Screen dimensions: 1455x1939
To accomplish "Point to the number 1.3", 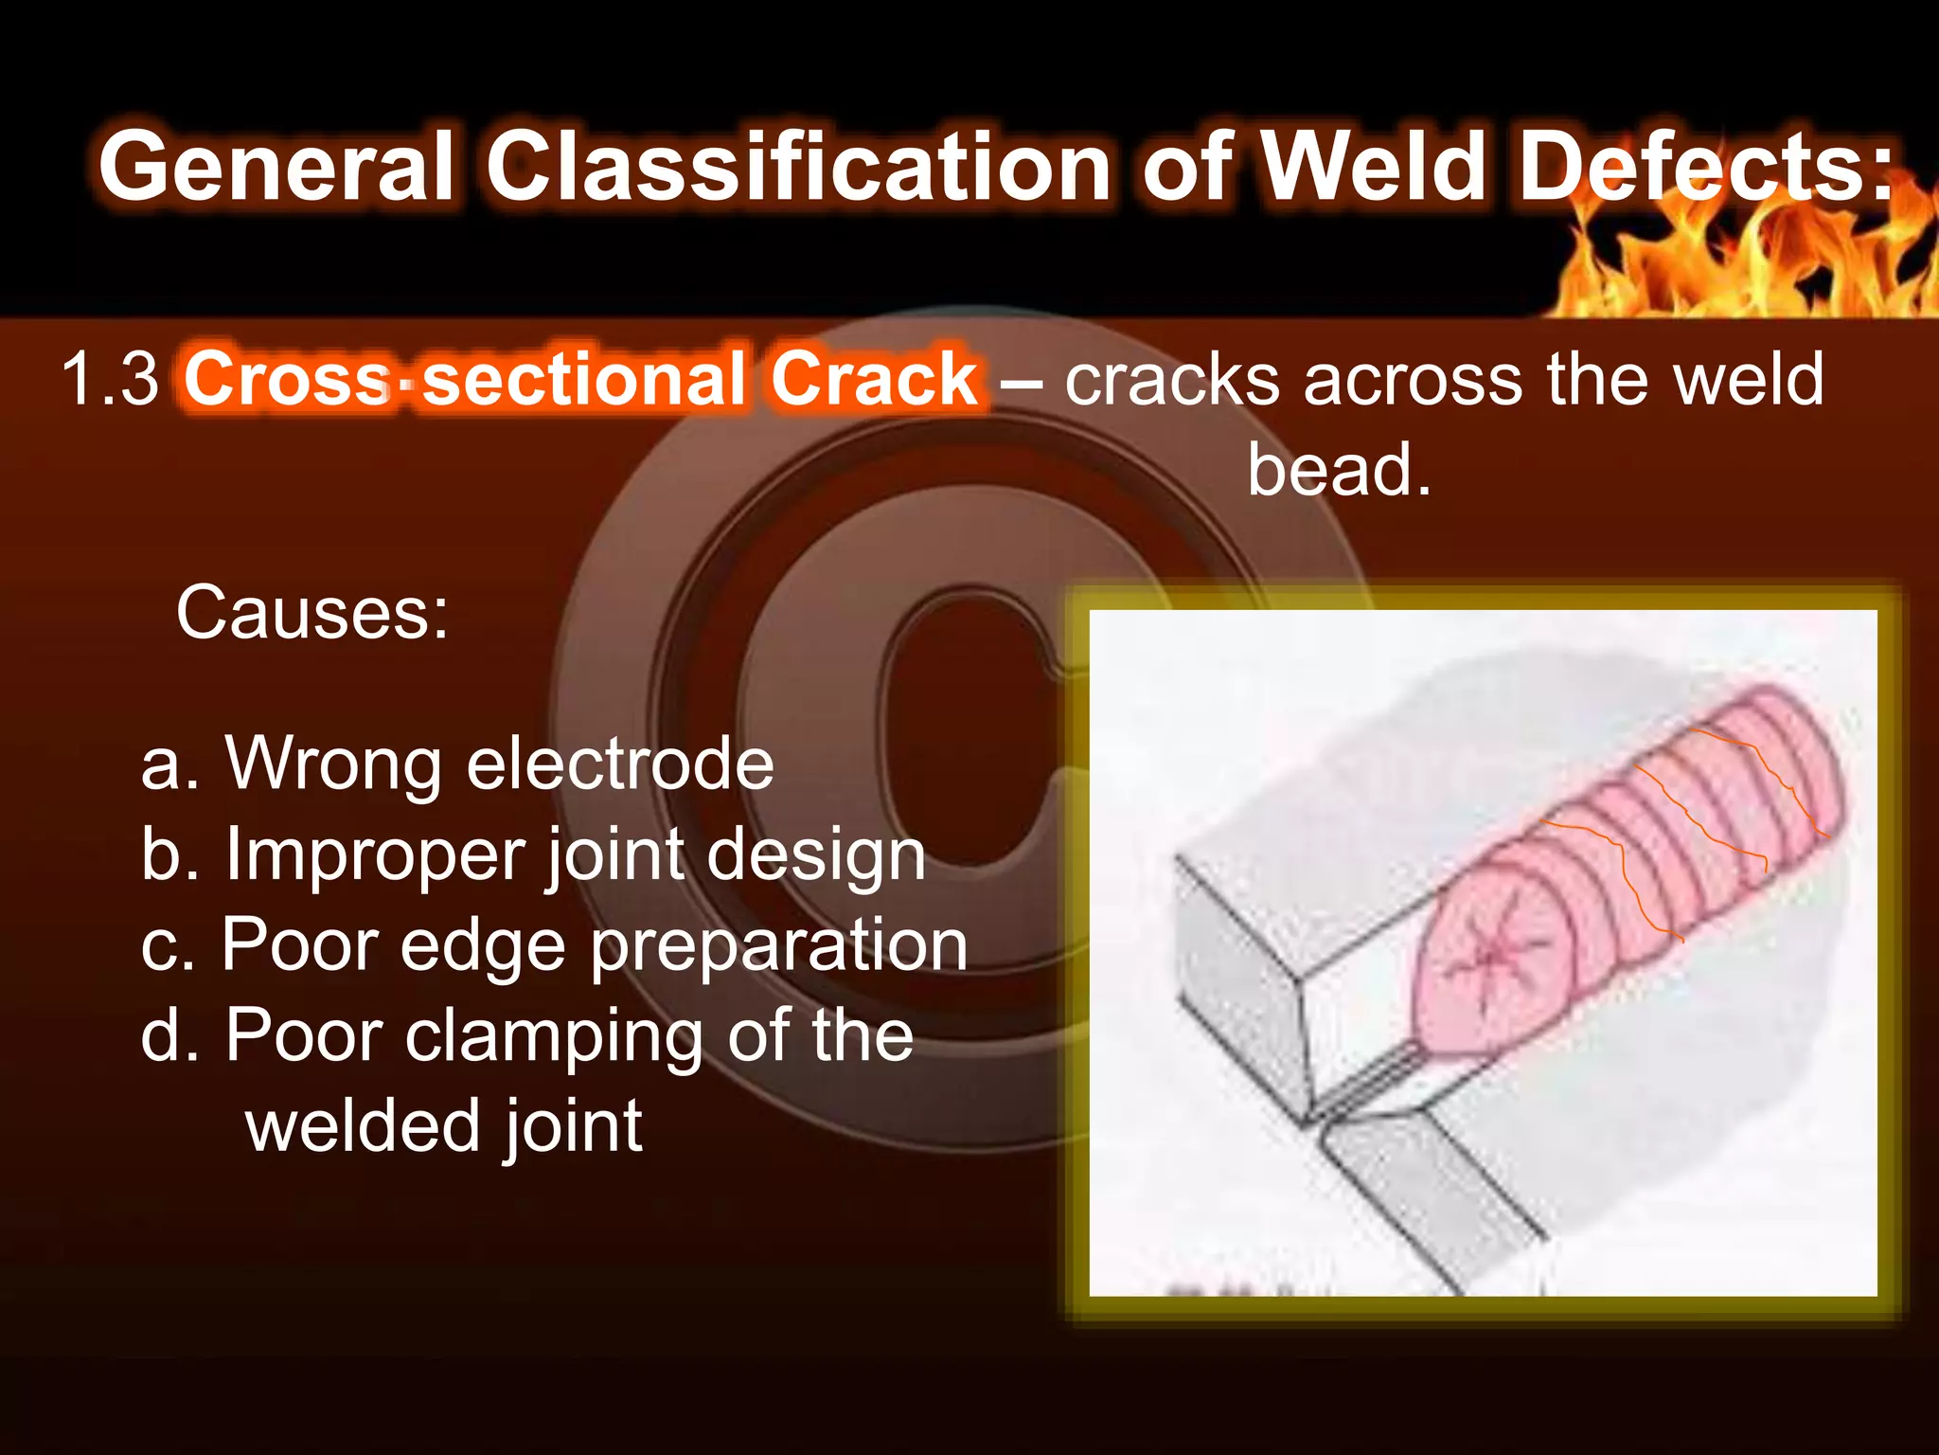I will click(x=110, y=379).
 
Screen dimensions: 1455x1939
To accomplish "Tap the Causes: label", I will click(x=312, y=613).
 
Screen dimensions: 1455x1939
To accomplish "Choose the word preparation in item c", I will click(x=779, y=945).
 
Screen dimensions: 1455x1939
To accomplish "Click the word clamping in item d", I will click(x=554, y=1035).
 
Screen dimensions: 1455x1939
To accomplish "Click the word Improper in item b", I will click(x=373, y=854).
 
